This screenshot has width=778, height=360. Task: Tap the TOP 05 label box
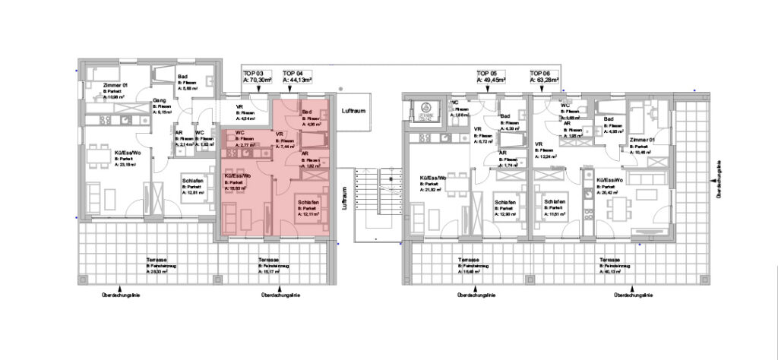[492, 74]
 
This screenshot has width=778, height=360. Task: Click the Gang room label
[160, 100]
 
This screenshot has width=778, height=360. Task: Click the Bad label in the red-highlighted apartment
[308, 112]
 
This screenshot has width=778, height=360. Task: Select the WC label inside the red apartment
[239, 134]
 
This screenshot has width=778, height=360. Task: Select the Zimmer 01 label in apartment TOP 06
[643, 142]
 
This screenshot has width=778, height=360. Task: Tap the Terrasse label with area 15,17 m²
[271, 260]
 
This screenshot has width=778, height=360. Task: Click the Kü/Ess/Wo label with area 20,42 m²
[611, 180]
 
